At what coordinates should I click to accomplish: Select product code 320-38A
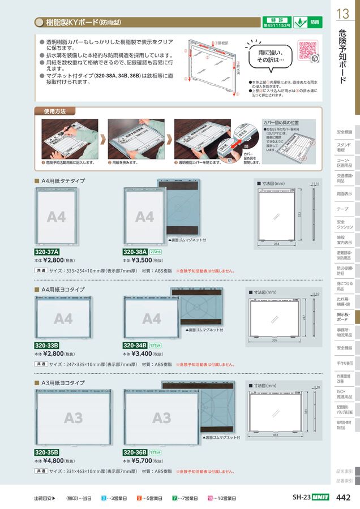(135, 252)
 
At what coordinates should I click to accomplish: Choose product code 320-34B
(135, 345)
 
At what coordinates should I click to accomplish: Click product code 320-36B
(135, 452)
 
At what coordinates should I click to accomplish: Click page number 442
(343, 498)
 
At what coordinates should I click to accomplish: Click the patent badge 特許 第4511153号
(276, 23)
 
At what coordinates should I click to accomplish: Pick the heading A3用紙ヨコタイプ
(63, 383)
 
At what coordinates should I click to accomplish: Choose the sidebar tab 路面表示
(344, 193)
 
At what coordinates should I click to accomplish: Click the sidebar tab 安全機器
(344, 348)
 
